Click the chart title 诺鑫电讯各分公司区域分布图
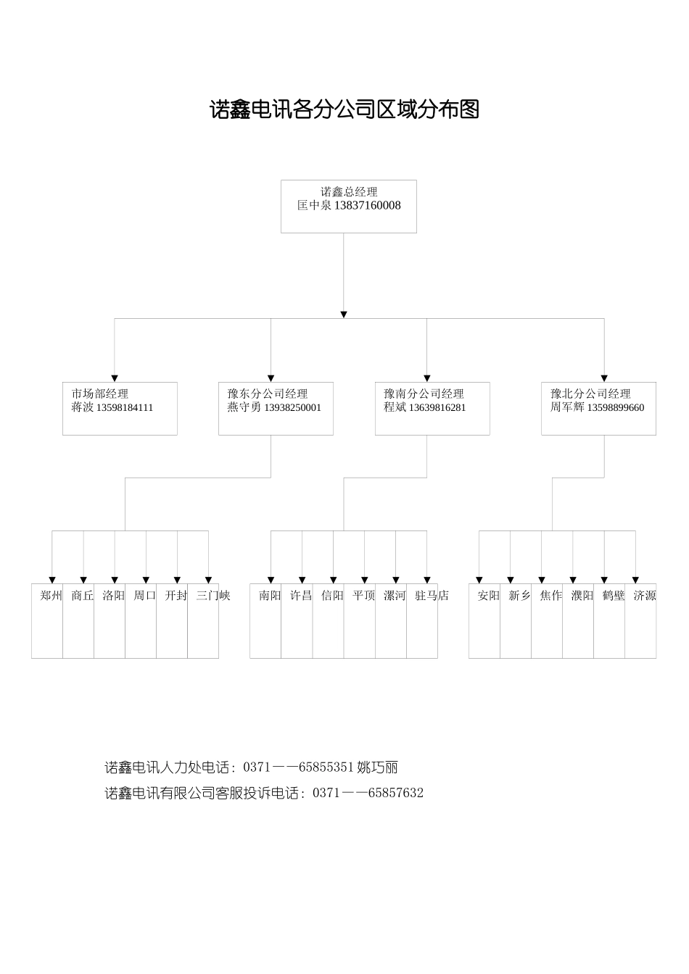tap(344, 110)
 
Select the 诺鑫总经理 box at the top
tap(349, 206)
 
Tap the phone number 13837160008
tap(368, 206)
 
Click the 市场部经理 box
tap(120, 408)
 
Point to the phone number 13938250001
tap(293, 408)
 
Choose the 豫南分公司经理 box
tap(432, 408)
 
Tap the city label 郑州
tap(51, 596)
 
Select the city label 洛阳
tap(113, 596)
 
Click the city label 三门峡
tap(213, 596)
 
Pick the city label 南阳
tap(270, 596)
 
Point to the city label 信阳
tap(332, 596)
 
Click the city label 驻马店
tap(432, 596)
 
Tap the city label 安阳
tap(488, 596)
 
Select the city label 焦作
tap(550, 596)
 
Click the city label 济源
tap(645, 596)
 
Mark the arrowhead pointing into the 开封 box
tap(177, 580)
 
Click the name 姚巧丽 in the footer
tap(377, 767)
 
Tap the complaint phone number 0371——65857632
tap(368, 793)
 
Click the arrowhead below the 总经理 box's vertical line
tap(344, 315)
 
